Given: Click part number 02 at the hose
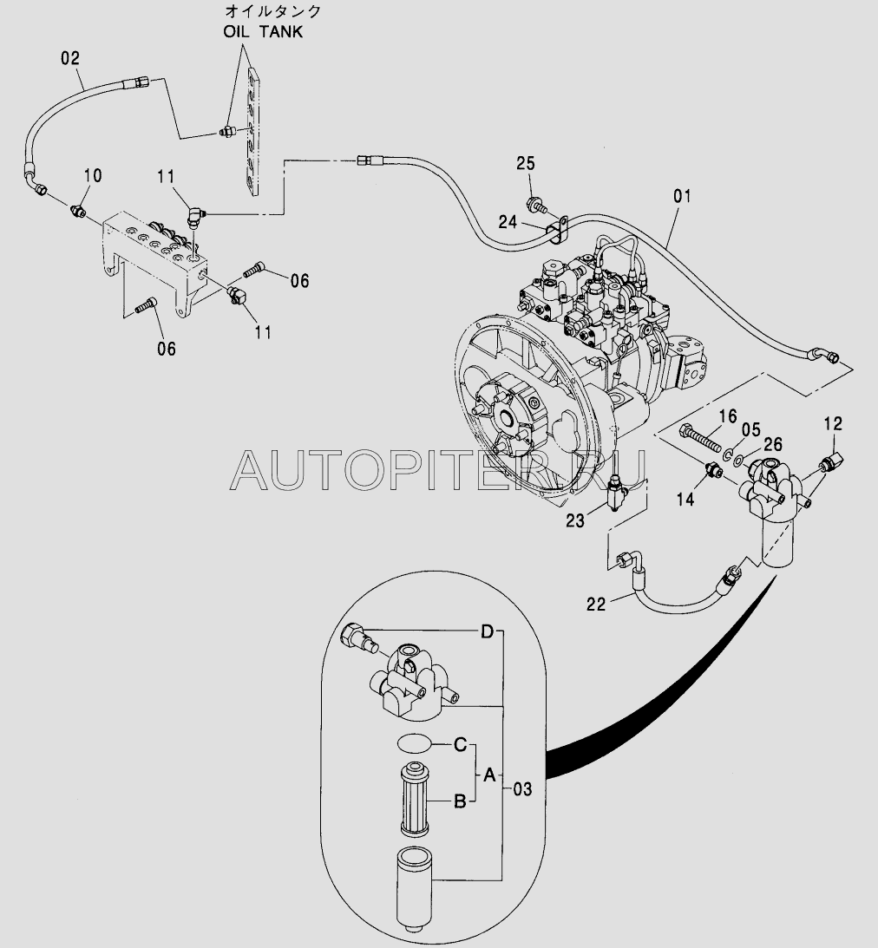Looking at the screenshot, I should click(70, 59).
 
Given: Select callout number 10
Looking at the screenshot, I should click(92, 176).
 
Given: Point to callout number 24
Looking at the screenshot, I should click(508, 223).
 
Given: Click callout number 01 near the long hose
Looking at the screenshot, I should click(683, 196).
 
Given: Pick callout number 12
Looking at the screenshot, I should click(833, 424).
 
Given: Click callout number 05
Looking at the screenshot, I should click(750, 429).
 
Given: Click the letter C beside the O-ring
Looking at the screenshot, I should click(462, 743).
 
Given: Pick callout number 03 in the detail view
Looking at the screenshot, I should click(522, 788).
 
